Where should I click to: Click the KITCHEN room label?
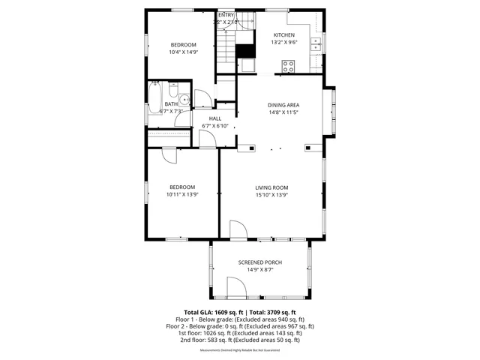tap(283, 35)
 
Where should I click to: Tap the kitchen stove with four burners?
tap(287, 65)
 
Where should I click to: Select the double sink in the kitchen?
tap(316, 43)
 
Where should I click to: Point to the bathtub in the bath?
tap(155, 97)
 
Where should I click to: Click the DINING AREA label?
tap(283, 105)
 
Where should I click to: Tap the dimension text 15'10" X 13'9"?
tap(271, 195)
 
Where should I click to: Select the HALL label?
tap(215, 118)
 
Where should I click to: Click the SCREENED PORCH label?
tap(260, 262)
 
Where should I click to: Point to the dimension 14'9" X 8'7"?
tap(260, 269)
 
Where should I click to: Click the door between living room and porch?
tap(238, 230)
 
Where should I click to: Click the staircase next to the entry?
tap(226, 49)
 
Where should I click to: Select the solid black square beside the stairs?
tap(244, 52)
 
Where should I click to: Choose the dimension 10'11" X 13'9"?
tap(181, 195)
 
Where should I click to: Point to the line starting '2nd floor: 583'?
tap(240, 340)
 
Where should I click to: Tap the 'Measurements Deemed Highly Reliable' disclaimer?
tap(240, 349)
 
